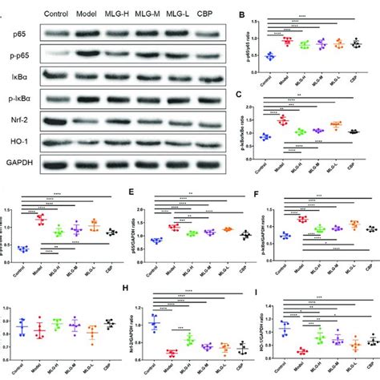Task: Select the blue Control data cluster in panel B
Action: [x=270, y=56]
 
